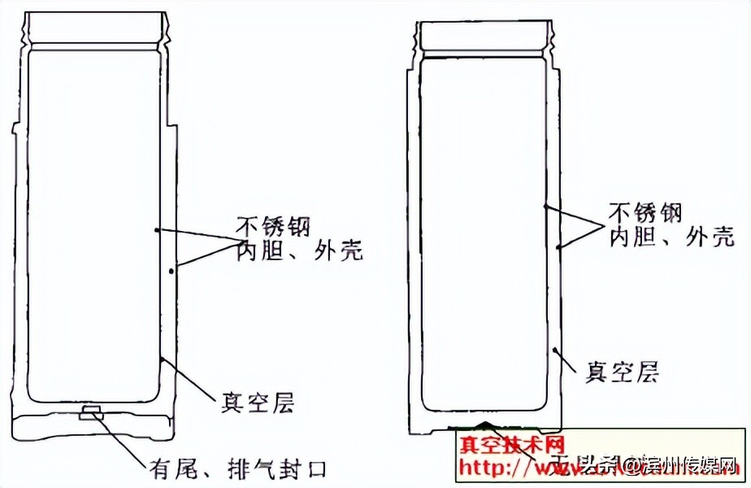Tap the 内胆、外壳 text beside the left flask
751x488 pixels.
click(299, 251)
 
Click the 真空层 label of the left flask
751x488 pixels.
click(258, 402)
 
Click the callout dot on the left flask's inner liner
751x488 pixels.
click(155, 230)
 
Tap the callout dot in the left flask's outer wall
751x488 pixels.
click(171, 271)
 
